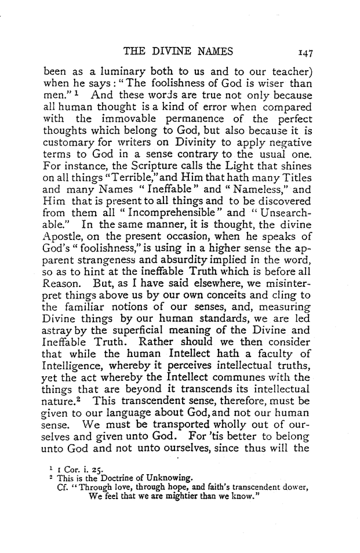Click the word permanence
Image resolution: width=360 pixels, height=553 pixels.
[207, 120]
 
